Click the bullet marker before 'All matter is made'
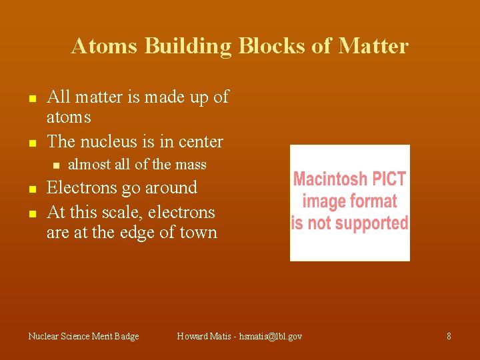(31, 99)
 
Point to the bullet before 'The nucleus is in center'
(31, 143)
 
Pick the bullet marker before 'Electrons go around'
(31, 189)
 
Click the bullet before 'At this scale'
(31, 214)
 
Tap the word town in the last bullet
(198, 233)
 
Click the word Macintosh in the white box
(330, 179)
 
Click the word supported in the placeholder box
(370, 223)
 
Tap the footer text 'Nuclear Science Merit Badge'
(84, 337)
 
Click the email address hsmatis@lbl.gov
(271, 337)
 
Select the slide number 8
(449, 337)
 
